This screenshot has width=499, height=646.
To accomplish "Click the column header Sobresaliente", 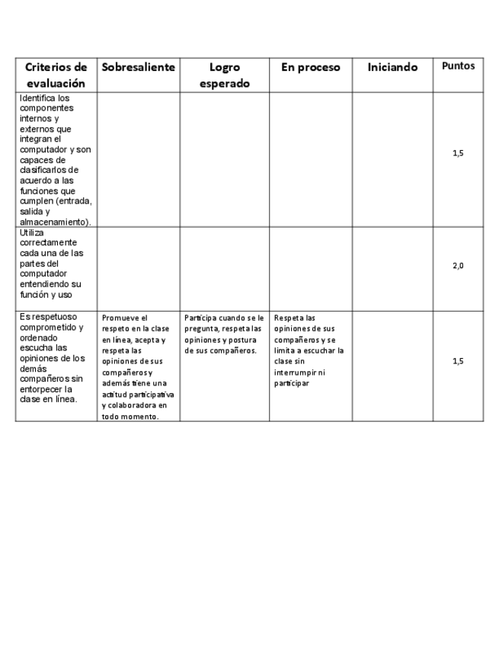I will coord(138,67).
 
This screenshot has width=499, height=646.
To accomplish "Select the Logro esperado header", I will coord(224,75).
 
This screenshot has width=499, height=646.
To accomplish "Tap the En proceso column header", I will coord(310,67).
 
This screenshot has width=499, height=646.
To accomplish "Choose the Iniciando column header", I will coord(392,67).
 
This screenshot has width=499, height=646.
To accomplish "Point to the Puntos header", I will coord(458,66).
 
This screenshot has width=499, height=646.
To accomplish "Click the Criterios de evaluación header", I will coord(56,75).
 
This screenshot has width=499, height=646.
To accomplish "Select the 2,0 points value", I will coord(458,266).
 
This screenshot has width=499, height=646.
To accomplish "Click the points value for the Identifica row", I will coord(458,153).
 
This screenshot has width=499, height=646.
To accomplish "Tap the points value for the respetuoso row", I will coord(458,361).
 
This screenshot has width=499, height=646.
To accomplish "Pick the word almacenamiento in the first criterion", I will coord(53,222).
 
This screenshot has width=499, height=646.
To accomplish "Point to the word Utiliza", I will coord(33,232).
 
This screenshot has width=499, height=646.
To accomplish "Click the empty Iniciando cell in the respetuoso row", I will coord(392,366).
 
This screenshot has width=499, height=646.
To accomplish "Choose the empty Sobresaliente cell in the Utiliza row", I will coord(138,268).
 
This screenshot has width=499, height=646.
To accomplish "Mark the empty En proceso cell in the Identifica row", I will coord(310,159).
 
